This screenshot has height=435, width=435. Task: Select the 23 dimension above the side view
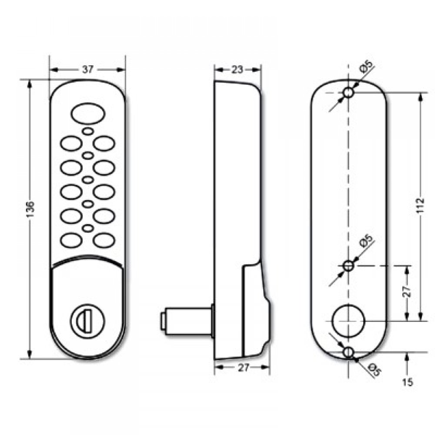[x=237, y=70]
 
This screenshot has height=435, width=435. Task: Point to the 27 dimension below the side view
[x=244, y=368]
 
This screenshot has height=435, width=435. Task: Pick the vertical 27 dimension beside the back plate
[x=406, y=291]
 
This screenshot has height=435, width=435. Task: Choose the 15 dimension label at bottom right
[x=408, y=382]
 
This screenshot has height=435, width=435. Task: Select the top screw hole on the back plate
[x=348, y=93]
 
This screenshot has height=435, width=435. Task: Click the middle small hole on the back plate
[x=348, y=265]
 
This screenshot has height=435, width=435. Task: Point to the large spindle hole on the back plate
[x=348, y=321]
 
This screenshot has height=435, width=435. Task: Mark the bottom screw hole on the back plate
[x=348, y=352]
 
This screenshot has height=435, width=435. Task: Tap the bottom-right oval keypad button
[x=104, y=240]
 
